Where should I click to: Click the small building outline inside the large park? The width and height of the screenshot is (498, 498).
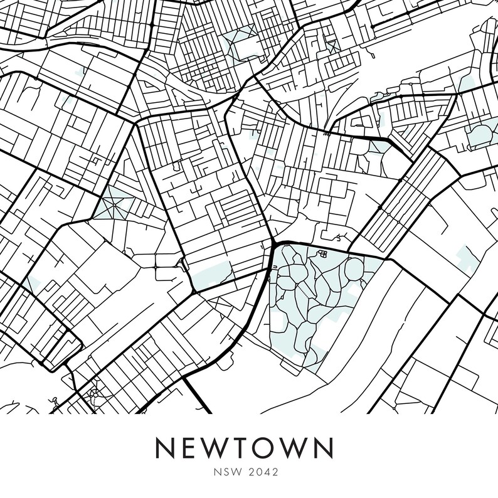pyautogui.click(x=324, y=255)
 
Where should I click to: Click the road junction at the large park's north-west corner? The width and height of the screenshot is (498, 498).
pyautogui.click(x=275, y=243)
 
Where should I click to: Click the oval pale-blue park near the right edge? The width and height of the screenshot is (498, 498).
pyautogui.click(x=482, y=134)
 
